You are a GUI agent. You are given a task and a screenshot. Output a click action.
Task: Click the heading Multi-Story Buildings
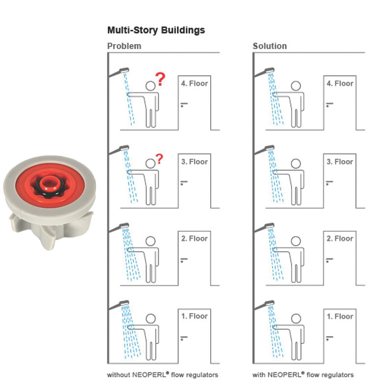(156, 30)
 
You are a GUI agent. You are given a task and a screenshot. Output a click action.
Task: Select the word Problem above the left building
(124, 46)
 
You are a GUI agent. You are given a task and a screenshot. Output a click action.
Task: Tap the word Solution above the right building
(269, 46)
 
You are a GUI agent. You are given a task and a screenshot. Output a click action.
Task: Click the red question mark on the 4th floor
(160, 79)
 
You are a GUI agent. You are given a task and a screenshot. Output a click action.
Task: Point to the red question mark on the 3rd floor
(159, 159)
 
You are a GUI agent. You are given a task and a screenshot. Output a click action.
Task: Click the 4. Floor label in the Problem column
(195, 83)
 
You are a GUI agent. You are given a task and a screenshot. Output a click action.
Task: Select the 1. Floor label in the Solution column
(340, 317)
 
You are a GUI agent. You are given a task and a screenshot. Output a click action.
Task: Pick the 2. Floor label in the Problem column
(195, 239)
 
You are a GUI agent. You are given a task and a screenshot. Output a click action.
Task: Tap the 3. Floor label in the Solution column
(340, 162)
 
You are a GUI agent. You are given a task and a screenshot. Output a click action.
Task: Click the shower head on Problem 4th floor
(124, 70)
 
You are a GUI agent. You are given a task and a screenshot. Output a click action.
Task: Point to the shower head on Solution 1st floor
(269, 303)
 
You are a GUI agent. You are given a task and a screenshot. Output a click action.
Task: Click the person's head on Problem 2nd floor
(150, 241)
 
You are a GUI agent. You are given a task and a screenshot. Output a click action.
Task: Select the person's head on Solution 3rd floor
(296, 164)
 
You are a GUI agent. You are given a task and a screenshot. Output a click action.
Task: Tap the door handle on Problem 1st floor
(184, 338)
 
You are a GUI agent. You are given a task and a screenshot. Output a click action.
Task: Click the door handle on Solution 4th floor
(329, 104)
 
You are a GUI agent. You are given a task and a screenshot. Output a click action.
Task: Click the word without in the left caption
(119, 375)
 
